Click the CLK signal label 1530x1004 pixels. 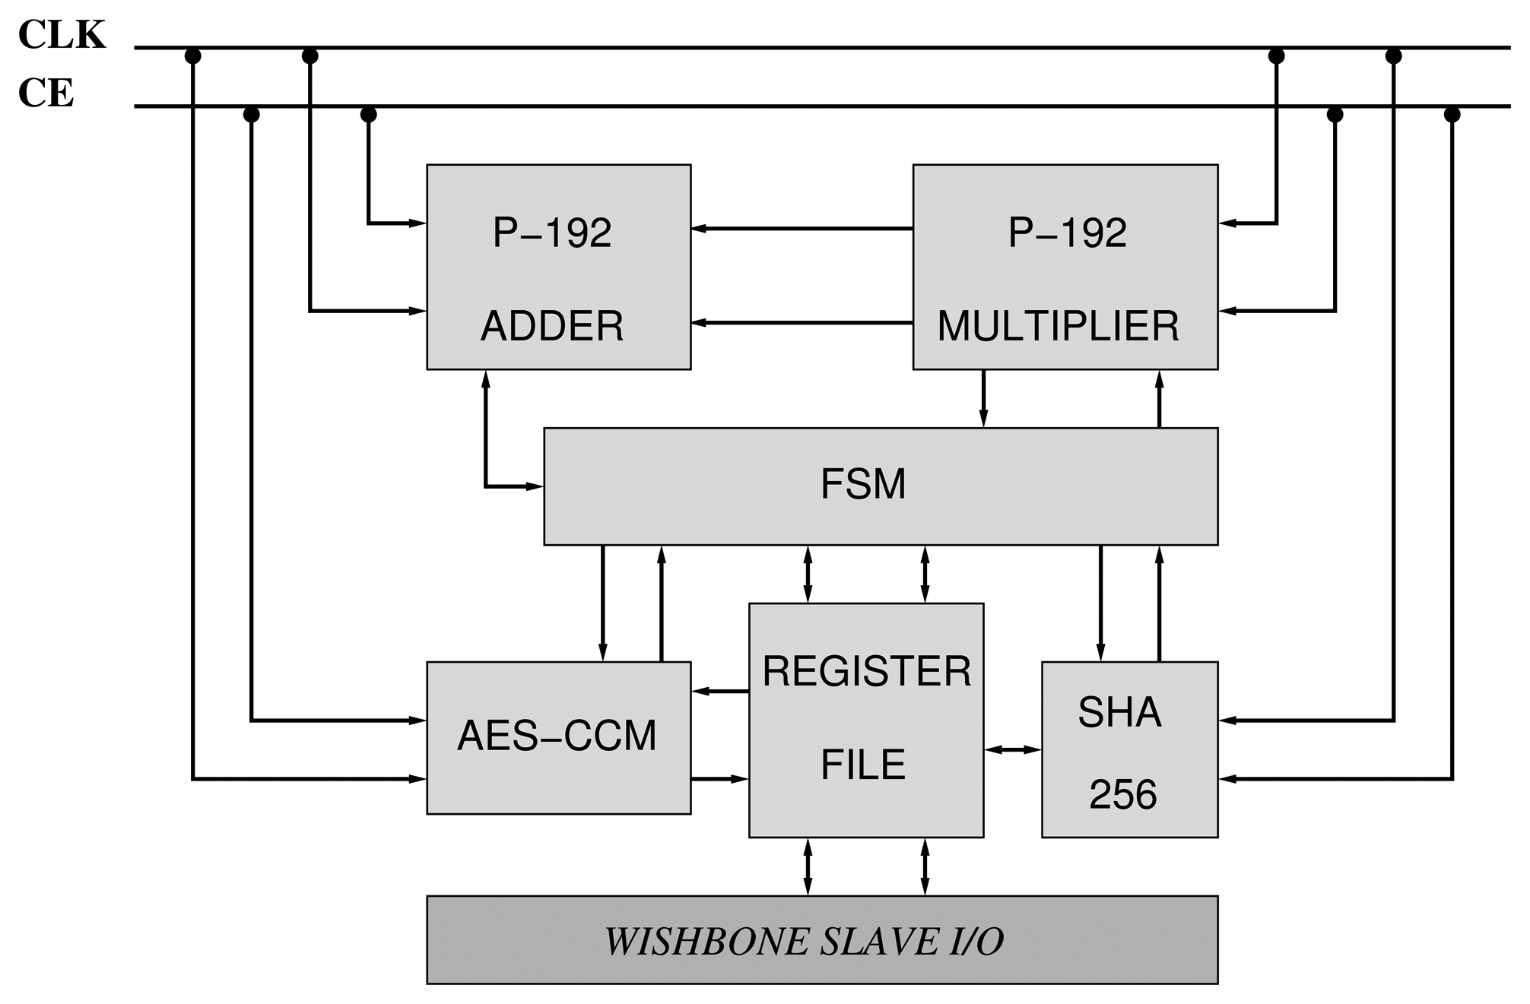coord(62,35)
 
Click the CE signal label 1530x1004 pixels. coord(46,93)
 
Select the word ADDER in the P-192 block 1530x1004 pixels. coord(552,326)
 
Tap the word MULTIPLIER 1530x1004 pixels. coord(1058,326)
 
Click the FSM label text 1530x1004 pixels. coord(863,484)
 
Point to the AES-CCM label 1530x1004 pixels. coord(557,736)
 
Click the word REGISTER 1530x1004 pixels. coord(866,671)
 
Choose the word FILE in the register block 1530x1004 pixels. coord(863,765)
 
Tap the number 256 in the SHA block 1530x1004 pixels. coord(1122,795)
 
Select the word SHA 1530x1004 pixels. coord(1119,713)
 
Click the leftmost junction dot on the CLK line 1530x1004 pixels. coord(192,55)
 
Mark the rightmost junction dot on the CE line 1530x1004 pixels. coord(1452,115)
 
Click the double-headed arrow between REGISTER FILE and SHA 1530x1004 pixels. coord(1012,749)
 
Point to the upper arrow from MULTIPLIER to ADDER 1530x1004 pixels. coord(802,228)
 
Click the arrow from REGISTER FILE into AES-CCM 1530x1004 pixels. coord(719,691)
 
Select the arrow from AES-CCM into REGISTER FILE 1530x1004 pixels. coord(719,778)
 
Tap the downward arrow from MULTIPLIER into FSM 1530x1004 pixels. coord(983,399)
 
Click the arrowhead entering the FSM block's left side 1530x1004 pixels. coord(535,486)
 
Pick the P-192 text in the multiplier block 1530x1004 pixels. coord(1067,233)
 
